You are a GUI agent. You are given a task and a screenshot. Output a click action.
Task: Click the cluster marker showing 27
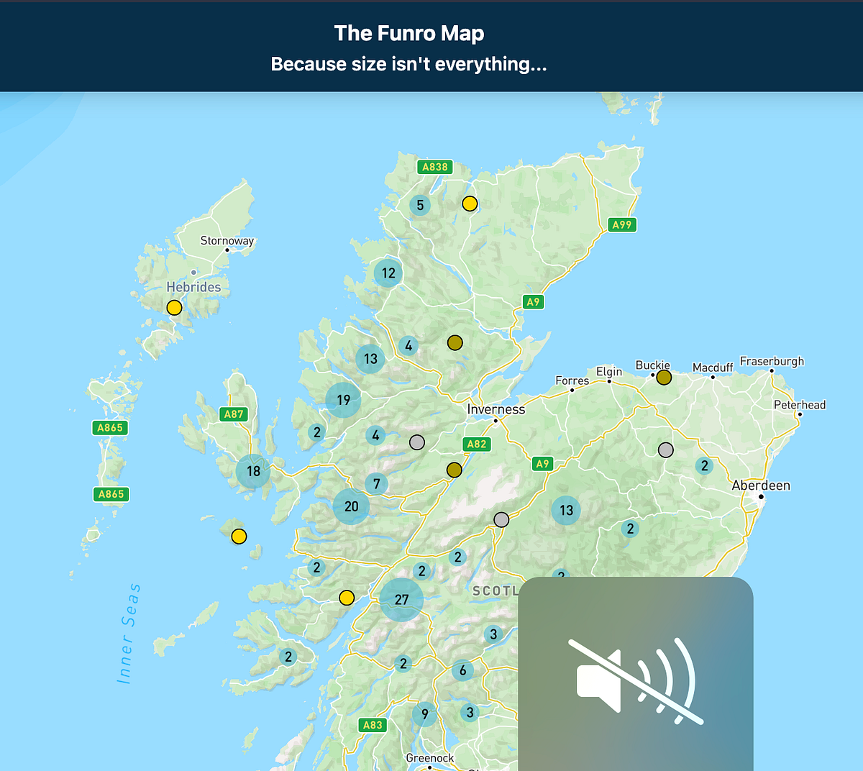tap(401, 599)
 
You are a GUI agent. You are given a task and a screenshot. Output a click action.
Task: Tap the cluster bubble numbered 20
tap(351, 506)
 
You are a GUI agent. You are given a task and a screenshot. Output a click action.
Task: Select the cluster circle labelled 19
tap(343, 400)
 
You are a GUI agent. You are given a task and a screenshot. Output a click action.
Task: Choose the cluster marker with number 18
tap(253, 471)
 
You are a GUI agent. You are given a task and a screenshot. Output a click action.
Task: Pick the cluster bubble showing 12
tap(388, 273)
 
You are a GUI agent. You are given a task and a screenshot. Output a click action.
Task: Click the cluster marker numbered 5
tap(420, 205)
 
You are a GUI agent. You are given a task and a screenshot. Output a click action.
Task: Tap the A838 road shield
tap(434, 167)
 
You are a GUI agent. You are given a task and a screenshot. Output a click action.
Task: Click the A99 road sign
tap(621, 224)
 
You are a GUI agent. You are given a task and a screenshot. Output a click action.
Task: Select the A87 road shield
tap(234, 414)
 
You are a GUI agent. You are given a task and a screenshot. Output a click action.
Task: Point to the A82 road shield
tap(476, 444)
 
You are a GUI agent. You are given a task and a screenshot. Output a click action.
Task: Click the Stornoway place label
tap(227, 241)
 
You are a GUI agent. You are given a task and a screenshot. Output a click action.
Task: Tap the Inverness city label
tap(496, 409)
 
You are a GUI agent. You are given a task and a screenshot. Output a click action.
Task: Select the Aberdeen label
tap(761, 485)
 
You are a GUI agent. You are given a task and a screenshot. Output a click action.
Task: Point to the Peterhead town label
tap(800, 405)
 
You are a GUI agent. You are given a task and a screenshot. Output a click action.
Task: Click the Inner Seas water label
tap(128, 633)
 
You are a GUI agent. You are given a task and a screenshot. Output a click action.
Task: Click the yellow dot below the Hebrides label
tap(174, 308)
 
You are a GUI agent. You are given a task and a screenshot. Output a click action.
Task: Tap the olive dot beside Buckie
tap(664, 378)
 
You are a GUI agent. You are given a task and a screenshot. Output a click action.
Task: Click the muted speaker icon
tap(636, 680)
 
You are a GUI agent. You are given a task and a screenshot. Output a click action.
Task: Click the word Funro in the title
tap(403, 33)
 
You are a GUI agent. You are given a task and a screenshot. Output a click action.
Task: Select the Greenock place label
tap(430, 758)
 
